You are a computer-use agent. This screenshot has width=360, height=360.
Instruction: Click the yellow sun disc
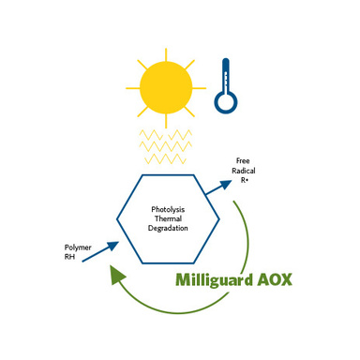tap(166, 88)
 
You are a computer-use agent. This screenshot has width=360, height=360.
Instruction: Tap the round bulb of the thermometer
tap(226, 102)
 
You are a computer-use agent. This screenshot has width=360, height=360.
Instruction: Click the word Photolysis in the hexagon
tap(168, 209)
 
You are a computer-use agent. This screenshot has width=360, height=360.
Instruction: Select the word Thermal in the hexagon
tap(168, 218)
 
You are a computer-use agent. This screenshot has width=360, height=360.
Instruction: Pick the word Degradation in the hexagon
tap(168, 229)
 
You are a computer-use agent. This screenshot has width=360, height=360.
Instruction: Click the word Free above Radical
tap(243, 161)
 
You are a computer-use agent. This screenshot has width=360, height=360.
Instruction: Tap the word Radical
tap(244, 171)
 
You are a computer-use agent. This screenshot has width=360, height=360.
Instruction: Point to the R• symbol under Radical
tap(244, 180)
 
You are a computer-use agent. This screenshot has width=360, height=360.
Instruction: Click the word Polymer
tap(78, 247)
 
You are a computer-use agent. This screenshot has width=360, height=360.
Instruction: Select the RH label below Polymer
tap(69, 257)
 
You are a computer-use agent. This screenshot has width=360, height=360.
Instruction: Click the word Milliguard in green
tap(214, 280)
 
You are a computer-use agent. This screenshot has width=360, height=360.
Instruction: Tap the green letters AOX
tap(275, 279)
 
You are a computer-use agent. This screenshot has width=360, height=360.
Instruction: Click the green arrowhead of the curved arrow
tap(116, 275)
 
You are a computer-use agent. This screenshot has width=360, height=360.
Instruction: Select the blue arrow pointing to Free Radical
tap(218, 187)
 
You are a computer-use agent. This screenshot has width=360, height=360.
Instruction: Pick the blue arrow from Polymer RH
tap(100, 251)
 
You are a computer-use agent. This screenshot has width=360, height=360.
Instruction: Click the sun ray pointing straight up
tap(166, 54)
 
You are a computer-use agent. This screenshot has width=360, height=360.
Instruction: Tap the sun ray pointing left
tap(133, 88)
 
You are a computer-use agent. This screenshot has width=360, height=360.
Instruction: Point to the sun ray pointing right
tap(199, 88)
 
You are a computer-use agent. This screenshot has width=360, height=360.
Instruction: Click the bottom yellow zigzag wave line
tap(166, 158)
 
